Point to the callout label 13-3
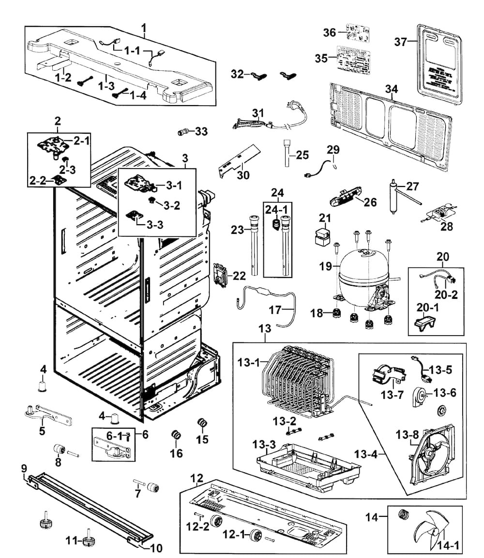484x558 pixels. (x=264, y=444)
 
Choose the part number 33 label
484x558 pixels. (x=201, y=131)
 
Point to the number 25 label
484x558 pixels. (x=302, y=155)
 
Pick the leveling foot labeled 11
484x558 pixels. (x=88, y=541)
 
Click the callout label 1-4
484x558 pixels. (x=137, y=95)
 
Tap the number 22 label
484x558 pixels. (x=239, y=276)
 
